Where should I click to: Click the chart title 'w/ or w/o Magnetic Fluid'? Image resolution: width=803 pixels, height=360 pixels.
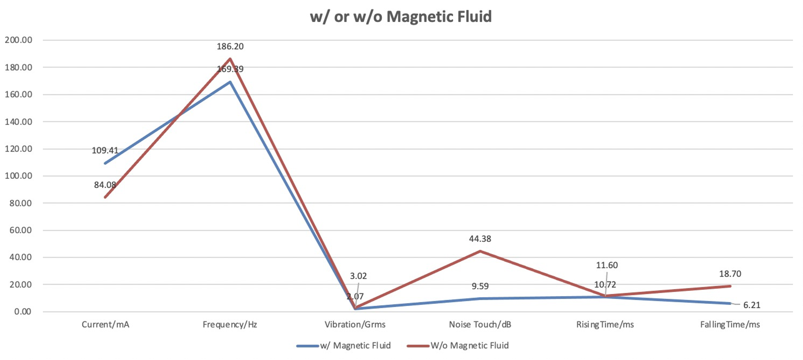coord(401,17)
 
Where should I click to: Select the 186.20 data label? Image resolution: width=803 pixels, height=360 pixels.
coord(230,47)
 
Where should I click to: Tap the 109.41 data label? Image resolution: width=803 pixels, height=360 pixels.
coord(105,150)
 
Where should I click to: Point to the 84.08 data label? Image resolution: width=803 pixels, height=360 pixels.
coord(105,185)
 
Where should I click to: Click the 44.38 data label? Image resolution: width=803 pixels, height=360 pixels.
coord(480,239)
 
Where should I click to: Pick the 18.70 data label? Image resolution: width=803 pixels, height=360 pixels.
coord(730,274)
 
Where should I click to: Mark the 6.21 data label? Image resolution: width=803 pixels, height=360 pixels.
coord(752,305)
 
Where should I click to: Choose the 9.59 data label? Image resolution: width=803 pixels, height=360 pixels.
coord(480,286)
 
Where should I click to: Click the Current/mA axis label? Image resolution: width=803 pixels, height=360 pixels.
coord(105,325)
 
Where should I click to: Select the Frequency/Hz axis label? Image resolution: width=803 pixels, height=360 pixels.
coord(230,325)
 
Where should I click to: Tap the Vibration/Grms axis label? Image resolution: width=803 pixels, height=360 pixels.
coord(355,325)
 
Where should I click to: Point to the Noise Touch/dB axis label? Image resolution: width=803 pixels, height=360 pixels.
coord(480,325)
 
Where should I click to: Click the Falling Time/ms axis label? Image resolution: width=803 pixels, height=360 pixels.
coord(730,325)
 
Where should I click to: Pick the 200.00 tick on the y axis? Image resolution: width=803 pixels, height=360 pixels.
coord(19,40)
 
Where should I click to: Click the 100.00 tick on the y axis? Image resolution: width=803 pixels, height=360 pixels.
coord(19,176)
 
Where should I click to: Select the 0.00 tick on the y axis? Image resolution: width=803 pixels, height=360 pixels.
coord(23,311)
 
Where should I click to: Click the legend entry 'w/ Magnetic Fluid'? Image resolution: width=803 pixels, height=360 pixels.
coord(355,346)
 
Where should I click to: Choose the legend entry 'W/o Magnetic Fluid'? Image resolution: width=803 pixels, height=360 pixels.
coord(469,346)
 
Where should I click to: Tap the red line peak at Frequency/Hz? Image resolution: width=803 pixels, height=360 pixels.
coord(230,59)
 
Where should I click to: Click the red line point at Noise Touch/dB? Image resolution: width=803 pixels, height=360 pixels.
coord(480,251)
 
